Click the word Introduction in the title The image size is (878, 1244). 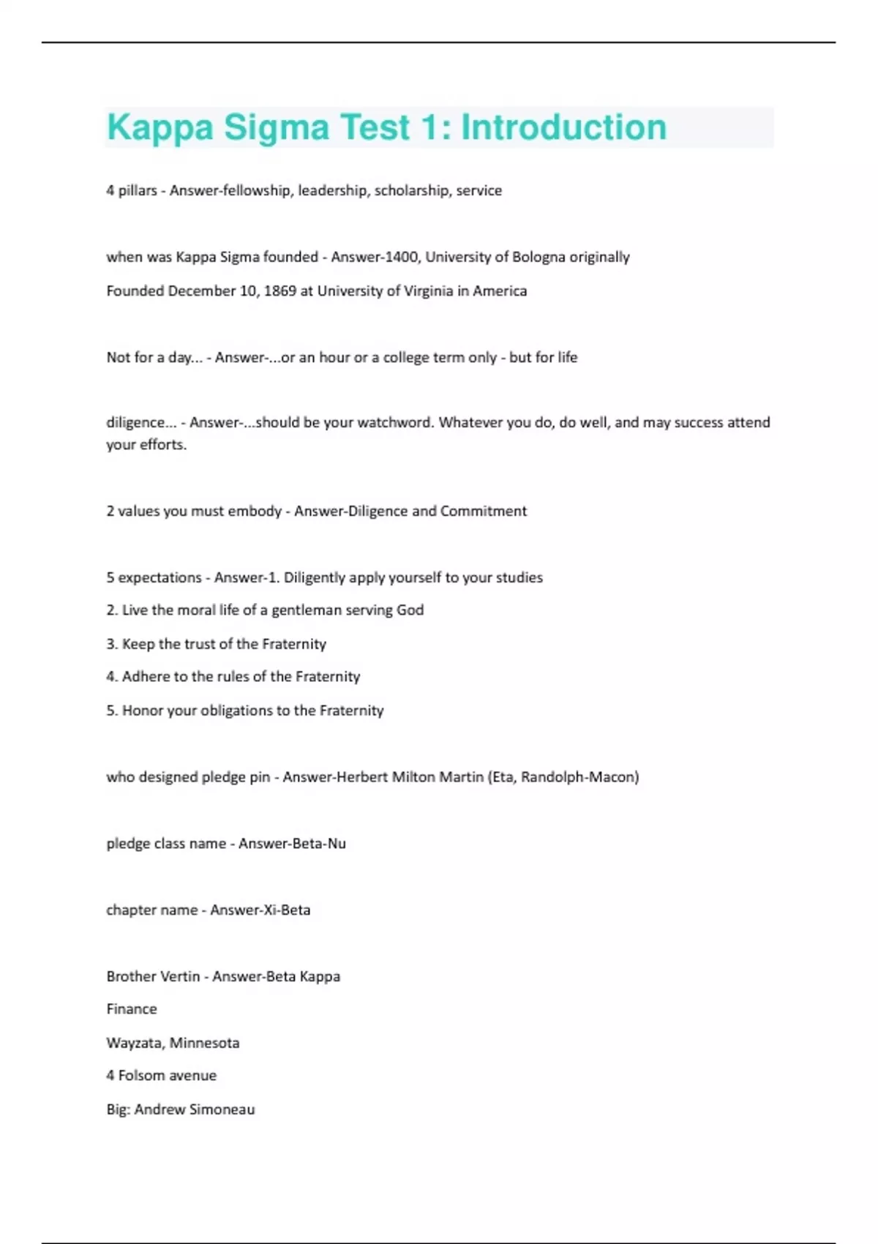point(563,127)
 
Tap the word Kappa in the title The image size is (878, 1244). point(160,127)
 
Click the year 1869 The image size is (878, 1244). point(279,291)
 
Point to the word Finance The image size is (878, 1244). point(132,1009)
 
